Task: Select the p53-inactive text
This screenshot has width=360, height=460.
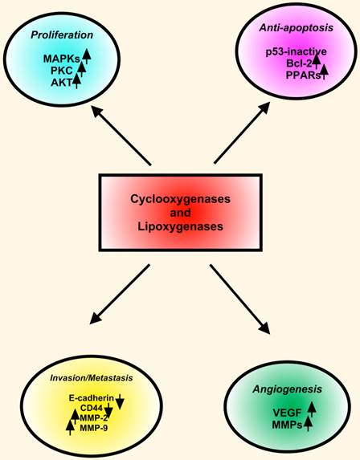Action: point(293,52)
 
